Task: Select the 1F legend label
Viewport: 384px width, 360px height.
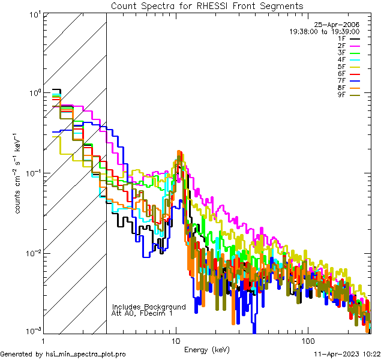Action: [341, 38]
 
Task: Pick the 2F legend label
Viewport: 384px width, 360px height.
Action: [341, 46]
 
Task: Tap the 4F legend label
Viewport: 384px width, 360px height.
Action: [341, 60]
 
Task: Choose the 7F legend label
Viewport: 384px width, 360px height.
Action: [341, 81]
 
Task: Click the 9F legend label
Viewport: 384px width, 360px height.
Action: [341, 95]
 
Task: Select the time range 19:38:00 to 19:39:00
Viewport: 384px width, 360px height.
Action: [325, 31]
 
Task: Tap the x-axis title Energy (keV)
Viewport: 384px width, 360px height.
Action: [207, 350]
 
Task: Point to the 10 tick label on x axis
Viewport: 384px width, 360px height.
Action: [175, 340]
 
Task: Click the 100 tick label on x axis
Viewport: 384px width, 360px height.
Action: [307, 340]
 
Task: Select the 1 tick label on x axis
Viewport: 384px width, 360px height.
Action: [44, 340]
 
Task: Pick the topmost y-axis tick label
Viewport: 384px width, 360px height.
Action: [34, 14]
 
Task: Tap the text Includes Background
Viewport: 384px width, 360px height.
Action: [149, 307]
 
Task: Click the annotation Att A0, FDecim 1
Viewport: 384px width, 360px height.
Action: [142, 313]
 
